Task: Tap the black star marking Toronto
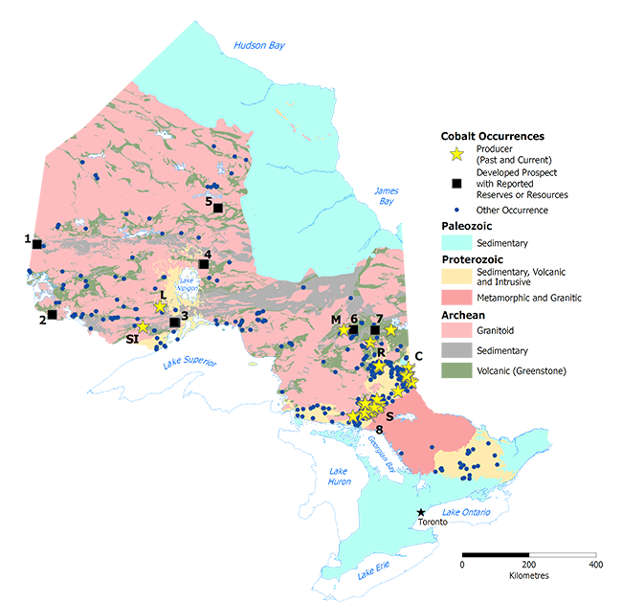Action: (421, 513)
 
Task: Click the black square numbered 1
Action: (36, 244)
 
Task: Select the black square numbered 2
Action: (52, 314)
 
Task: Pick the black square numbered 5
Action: (218, 208)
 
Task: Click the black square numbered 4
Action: (203, 264)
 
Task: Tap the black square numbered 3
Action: (174, 323)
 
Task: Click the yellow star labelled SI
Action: (143, 327)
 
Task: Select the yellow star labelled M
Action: (344, 330)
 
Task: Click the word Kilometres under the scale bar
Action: (528, 576)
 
